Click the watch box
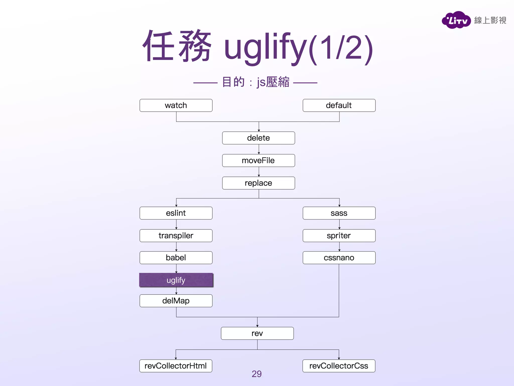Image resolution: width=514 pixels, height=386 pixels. (176, 105)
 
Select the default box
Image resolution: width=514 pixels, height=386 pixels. (339, 105)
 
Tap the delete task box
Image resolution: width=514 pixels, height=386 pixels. (259, 138)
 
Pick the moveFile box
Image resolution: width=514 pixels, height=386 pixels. (259, 161)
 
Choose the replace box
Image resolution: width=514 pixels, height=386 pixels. (259, 183)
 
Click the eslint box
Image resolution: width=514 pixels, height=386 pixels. (176, 213)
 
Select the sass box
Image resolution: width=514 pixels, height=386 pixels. (339, 213)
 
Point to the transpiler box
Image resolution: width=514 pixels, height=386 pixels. (176, 236)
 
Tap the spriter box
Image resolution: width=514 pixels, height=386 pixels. (339, 236)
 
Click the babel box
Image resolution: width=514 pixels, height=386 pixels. (176, 258)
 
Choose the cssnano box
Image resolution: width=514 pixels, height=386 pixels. (339, 258)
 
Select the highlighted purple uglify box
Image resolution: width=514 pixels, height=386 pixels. (176, 280)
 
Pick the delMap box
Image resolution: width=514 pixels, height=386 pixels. (176, 301)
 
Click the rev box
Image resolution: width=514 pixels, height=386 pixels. (257, 333)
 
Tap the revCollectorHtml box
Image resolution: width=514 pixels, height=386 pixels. (176, 366)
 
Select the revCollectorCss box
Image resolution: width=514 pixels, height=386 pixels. (339, 366)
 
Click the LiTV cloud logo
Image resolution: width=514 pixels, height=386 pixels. (456, 20)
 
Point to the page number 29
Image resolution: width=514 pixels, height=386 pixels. (256, 374)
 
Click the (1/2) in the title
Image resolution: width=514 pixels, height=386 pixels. (341, 49)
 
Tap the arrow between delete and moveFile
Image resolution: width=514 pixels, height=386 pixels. (259, 149)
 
